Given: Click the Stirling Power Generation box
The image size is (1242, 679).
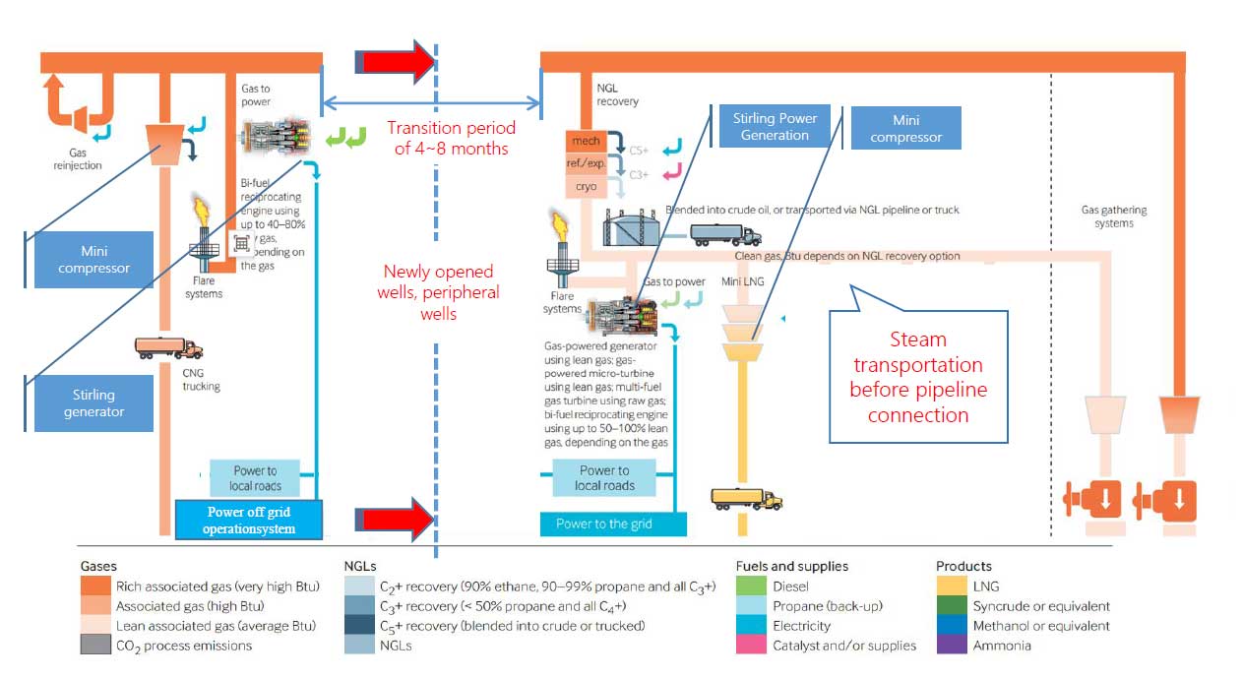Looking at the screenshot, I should coord(775,127).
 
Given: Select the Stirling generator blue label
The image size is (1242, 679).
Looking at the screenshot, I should coord(93,402).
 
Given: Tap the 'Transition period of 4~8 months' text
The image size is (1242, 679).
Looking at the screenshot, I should coord(451,138).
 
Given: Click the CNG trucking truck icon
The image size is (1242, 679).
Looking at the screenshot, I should coord(169,347).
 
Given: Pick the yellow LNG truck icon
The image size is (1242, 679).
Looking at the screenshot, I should coord(746,499).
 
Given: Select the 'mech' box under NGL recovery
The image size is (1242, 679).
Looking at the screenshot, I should coord(586,142).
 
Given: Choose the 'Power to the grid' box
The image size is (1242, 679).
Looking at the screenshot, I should coord(612,524).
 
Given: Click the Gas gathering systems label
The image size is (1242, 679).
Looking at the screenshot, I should coord(1114,216).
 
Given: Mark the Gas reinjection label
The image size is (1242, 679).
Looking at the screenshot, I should coord(85,160).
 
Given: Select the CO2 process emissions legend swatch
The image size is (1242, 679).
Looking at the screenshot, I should coord(96,646).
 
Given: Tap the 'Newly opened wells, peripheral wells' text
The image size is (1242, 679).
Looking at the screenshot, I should coord(441,292).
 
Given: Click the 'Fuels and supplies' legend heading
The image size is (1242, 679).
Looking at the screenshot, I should coord(791,566).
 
